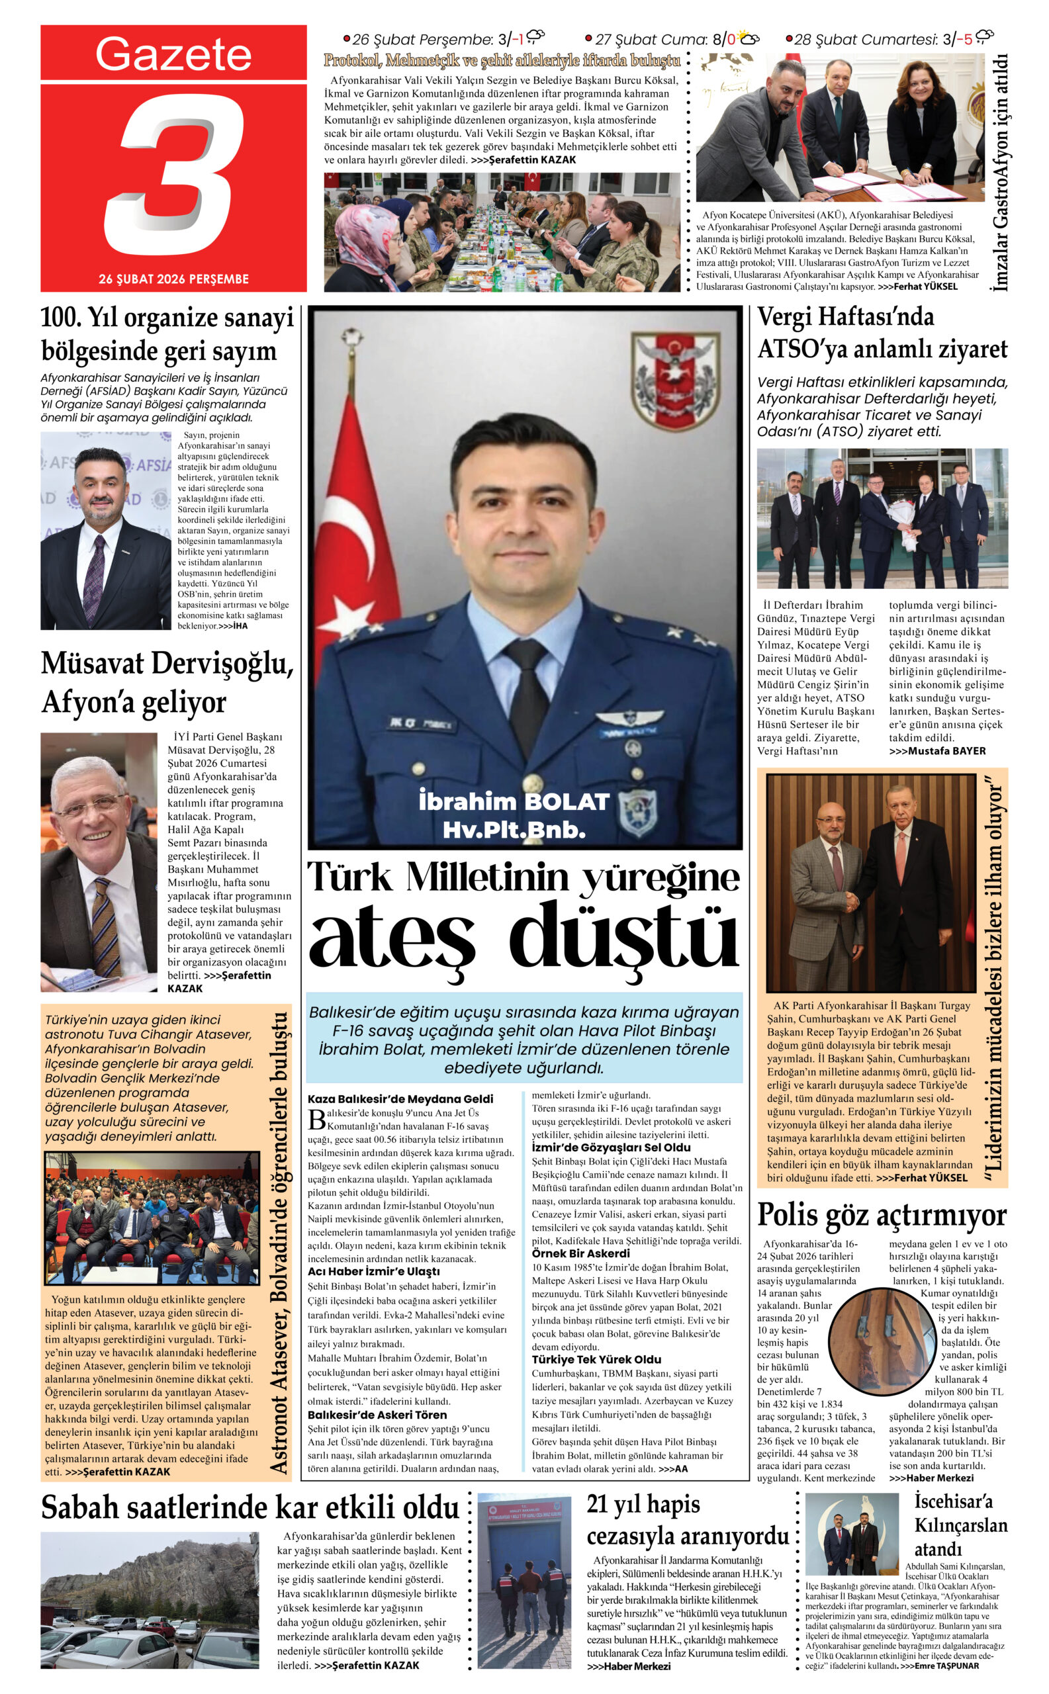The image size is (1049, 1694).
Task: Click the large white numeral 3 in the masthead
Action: coord(177,175)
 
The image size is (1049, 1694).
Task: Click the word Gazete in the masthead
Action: coord(173,54)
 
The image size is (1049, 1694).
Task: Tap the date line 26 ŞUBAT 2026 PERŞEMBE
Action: coord(173,279)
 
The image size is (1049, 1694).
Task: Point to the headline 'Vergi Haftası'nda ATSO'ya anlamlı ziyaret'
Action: coord(881,333)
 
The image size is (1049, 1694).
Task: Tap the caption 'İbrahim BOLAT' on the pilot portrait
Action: coord(514,802)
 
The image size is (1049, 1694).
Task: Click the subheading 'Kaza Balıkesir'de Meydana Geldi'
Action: coord(400,1099)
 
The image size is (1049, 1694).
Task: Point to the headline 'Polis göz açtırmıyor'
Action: coord(881,1215)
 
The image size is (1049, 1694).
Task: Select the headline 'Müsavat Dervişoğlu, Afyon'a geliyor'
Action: coord(167,683)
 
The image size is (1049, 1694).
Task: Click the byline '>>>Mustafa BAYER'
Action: coord(936,750)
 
